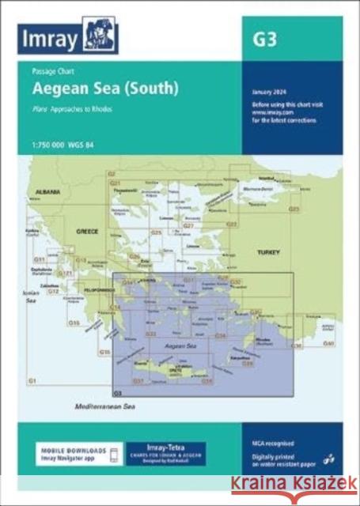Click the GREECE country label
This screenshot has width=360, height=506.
click(x=85, y=232)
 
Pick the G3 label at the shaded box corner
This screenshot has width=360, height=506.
click(x=118, y=393)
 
